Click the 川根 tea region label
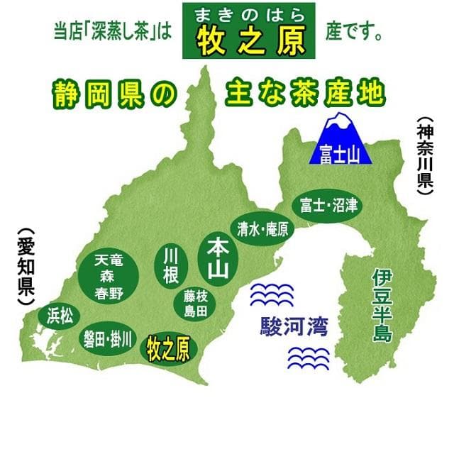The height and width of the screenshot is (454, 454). (x=170, y=265)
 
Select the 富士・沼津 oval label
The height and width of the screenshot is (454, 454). (x=328, y=206)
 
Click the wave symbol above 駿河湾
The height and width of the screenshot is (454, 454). (x=273, y=293)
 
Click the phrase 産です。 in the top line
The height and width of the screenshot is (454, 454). (x=356, y=33)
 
